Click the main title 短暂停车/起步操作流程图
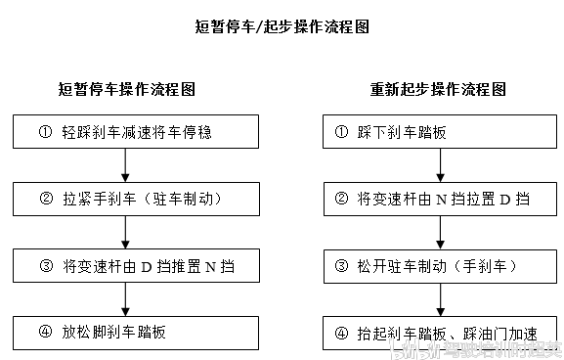pos(282,27)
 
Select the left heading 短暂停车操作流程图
pos(127,89)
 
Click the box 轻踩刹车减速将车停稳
pos(127,132)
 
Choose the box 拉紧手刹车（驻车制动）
pos(127,199)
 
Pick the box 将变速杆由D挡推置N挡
pos(127,265)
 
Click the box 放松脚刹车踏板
pos(127,331)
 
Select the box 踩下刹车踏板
pos(438,132)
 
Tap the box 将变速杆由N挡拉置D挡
pos(438,199)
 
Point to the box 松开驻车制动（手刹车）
pos(438,265)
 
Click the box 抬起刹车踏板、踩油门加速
pos(438,331)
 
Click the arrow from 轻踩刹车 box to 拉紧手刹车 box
pos(127,165)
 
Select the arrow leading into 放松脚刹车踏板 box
pos(127,298)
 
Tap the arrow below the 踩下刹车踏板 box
pos(439,165)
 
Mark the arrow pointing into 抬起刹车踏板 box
pos(439,298)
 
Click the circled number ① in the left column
pos(44,132)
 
